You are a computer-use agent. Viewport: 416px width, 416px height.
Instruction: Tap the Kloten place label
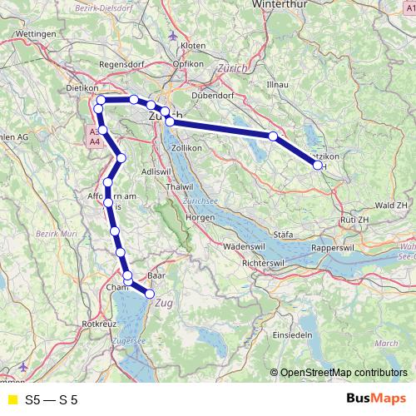[x=192, y=45]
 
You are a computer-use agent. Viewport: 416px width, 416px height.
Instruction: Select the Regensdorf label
[x=122, y=64]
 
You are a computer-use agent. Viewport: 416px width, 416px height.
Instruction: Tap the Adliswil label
[x=156, y=171]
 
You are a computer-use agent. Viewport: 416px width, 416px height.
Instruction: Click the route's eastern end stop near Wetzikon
[x=318, y=166]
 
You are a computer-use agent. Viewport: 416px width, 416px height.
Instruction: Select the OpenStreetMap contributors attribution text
[x=344, y=374]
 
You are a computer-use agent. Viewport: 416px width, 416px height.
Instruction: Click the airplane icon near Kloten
[x=172, y=35]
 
